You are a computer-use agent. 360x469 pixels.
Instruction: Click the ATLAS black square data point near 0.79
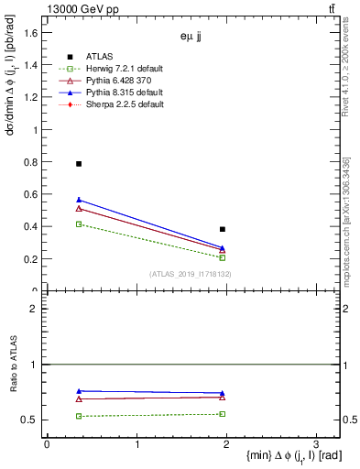[x=79, y=163]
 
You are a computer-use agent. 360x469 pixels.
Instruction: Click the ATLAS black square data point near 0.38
[x=223, y=229]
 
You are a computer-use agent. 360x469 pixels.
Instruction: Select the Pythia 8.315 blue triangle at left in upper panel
[x=79, y=200]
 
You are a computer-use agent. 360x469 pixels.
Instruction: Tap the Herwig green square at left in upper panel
[x=79, y=224]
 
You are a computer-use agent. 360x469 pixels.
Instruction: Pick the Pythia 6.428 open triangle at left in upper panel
[x=79, y=209]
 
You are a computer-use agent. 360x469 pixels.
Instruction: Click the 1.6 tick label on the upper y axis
[x=31, y=33]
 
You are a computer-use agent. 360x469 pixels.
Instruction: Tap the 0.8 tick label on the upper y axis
[x=31, y=162]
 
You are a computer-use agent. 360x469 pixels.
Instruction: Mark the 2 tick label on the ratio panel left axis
[x=34, y=309]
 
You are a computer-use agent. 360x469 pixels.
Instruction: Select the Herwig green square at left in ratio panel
[x=79, y=416]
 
